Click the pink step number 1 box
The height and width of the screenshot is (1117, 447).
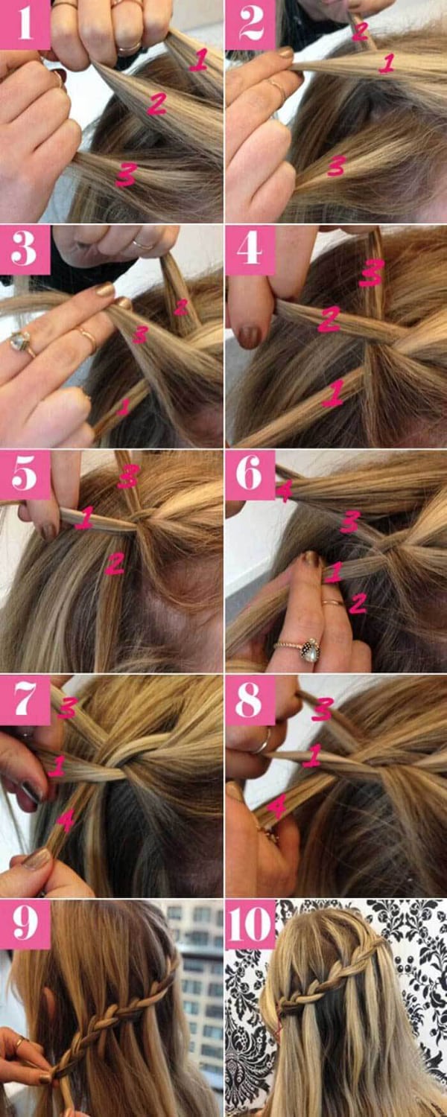click(x=25, y=25)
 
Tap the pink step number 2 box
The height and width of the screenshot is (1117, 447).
click(x=250, y=25)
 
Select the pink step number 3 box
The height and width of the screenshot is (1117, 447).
click(x=25, y=249)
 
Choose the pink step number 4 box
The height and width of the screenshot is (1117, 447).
click(x=250, y=249)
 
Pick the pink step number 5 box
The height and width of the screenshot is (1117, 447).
click(x=25, y=475)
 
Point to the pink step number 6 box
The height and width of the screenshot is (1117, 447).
click(x=250, y=475)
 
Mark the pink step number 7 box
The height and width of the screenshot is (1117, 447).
click(x=25, y=700)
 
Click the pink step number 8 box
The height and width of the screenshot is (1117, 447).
click(x=250, y=700)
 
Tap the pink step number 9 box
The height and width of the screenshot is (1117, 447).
click(x=25, y=925)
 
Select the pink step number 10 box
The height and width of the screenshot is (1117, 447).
click(x=250, y=925)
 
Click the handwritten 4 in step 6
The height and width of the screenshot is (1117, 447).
click(x=284, y=491)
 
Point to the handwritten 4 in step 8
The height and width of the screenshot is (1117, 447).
click(x=276, y=807)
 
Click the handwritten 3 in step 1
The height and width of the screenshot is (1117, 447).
click(x=126, y=174)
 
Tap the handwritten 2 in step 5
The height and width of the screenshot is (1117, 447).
click(x=114, y=564)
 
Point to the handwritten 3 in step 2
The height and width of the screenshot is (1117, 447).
click(x=337, y=165)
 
